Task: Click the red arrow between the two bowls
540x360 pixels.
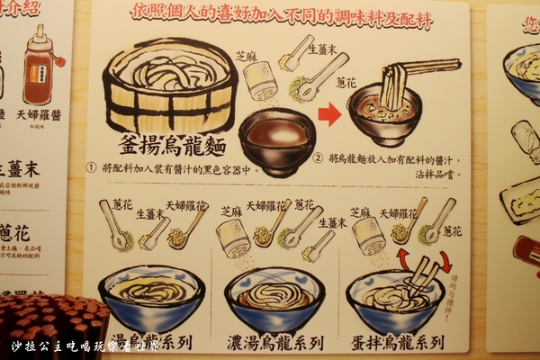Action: coord(330,114)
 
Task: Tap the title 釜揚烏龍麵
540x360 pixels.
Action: coord(171,147)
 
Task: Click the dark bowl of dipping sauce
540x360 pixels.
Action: coord(276,139)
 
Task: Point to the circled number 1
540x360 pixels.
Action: coord(91,168)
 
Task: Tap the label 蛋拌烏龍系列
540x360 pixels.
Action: coord(397,342)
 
